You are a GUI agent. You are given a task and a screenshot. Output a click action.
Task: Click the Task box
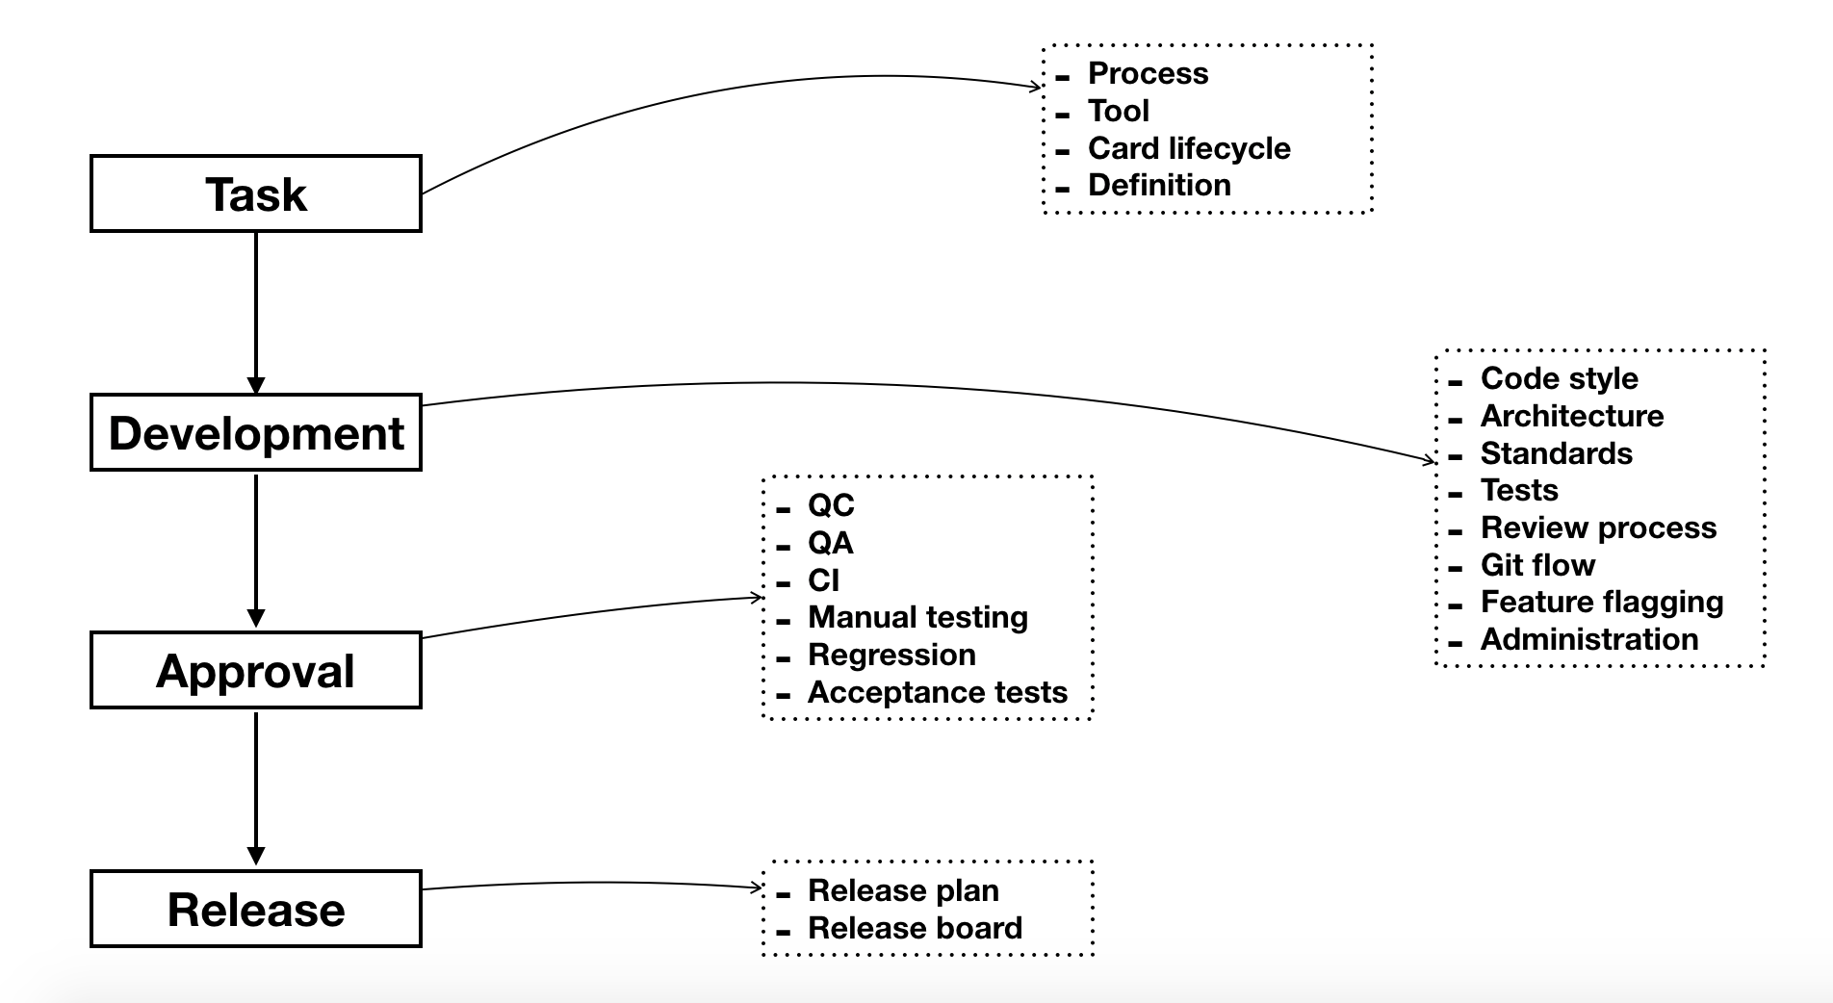coord(256,193)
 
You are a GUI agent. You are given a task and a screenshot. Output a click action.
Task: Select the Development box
coord(256,432)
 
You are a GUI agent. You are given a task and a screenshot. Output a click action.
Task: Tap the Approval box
coord(256,671)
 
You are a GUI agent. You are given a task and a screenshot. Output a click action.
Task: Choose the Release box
coord(256,910)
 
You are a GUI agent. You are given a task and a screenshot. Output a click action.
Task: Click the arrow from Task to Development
coord(256,313)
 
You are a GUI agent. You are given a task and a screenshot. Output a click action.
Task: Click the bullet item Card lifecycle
coord(1188,148)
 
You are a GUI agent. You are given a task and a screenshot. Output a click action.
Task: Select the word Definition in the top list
coord(1159,185)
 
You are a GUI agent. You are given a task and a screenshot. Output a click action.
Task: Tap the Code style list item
coord(1559,378)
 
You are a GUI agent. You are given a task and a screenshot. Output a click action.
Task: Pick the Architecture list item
coord(1571,416)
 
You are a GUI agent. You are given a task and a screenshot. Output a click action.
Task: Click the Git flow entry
coord(1537,565)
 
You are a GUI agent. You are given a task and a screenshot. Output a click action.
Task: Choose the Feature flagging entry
coord(1601,603)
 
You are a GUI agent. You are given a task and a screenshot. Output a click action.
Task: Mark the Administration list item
coord(1588,639)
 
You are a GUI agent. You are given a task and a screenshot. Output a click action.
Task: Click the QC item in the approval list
coord(831,505)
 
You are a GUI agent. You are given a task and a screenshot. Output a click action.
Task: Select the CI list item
coord(823,580)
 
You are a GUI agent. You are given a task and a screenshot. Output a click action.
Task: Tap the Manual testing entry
coord(917,617)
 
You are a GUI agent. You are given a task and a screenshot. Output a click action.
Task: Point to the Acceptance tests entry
coord(937,692)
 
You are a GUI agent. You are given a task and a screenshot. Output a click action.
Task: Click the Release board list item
coord(915,928)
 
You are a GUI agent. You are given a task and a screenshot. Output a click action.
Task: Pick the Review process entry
coord(1598,527)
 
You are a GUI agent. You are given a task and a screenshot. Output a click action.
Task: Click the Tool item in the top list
coord(1118,111)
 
